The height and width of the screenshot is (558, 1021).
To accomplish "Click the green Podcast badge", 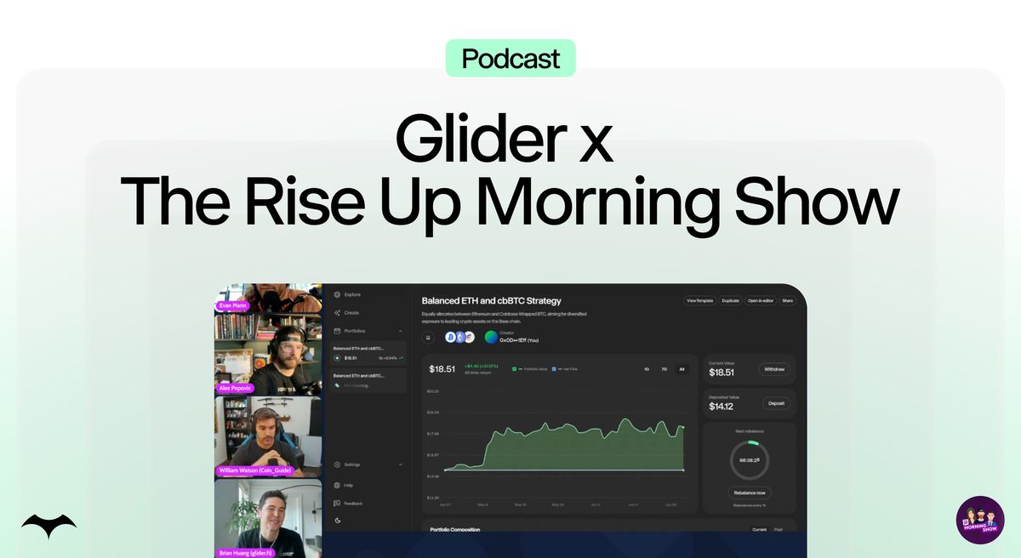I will (x=510, y=59).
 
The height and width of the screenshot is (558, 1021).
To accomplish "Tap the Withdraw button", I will (x=774, y=369).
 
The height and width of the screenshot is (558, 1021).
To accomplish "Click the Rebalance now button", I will (x=749, y=493).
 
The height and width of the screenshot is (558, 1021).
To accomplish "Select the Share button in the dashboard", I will (x=787, y=300).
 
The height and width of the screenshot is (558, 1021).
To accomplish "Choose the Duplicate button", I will (x=730, y=300).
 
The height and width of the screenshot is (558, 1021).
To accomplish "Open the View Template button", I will (x=699, y=300).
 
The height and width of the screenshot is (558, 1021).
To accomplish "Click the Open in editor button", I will (x=760, y=300).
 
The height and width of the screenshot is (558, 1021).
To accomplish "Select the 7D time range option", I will (x=664, y=368).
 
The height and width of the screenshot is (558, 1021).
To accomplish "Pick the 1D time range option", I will (x=647, y=368).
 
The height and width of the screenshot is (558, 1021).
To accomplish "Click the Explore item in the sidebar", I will (x=351, y=294).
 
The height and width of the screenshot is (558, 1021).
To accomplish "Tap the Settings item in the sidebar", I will (x=352, y=464).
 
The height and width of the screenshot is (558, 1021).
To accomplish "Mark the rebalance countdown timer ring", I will (x=749, y=459).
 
